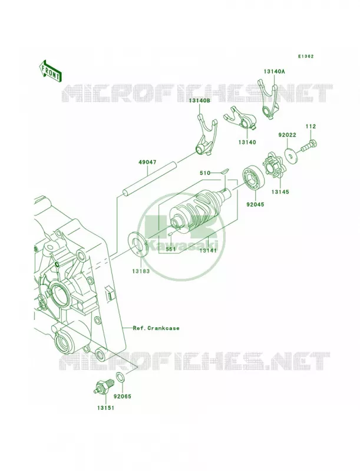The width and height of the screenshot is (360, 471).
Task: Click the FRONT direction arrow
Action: pyautogui.click(x=50, y=71)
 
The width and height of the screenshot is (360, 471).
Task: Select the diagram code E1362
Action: pyautogui.click(x=306, y=56)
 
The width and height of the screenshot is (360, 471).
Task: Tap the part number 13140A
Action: pyautogui.click(x=274, y=71)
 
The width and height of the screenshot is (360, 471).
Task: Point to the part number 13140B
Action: pyautogui.click(x=200, y=101)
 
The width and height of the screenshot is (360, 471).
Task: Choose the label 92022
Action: pyautogui.click(x=287, y=135)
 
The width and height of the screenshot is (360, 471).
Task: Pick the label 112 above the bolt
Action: pyautogui.click(x=311, y=127)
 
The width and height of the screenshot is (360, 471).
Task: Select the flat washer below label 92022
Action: pyautogui.click(x=290, y=155)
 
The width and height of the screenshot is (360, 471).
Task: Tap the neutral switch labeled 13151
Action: pyautogui.click(x=104, y=386)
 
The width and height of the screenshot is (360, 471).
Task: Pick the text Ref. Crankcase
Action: pyautogui.click(x=156, y=328)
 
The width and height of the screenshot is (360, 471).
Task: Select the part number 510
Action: pyautogui.click(x=205, y=173)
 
